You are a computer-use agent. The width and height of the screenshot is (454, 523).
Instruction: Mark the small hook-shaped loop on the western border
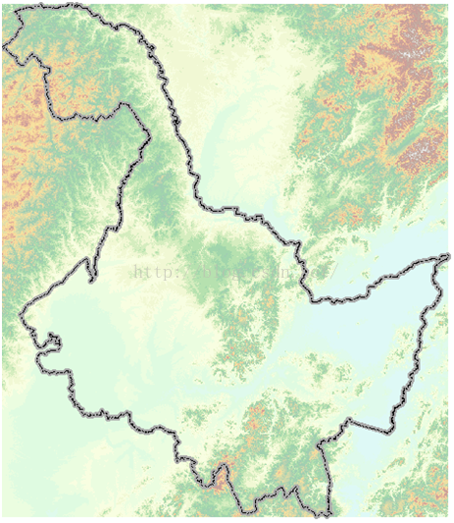[x=52, y=342]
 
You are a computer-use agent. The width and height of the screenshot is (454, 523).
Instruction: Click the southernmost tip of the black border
[x=326, y=513]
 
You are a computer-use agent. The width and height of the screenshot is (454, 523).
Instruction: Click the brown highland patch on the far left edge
[x=12, y=108]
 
